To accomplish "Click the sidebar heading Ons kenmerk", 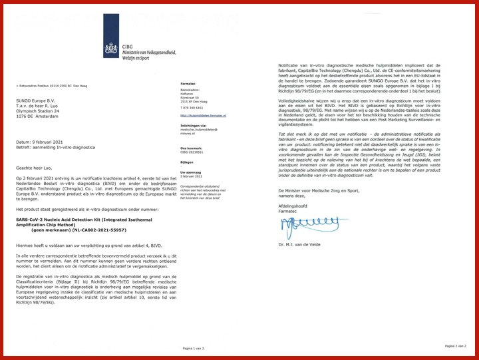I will (191, 148).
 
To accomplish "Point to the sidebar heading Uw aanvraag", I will (191, 171).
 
